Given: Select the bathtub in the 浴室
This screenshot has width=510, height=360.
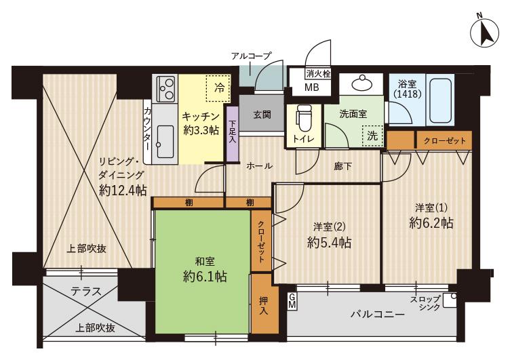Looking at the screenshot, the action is pyautogui.click(x=440, y=100).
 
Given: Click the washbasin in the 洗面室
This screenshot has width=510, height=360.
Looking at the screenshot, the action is pyautogui.click(x=362, y=83).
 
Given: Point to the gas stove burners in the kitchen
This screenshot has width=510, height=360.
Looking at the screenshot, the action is pyautogui.click(x=165, y=88).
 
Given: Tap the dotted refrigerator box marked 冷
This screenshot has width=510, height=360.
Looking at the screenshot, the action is pyautogui.click(x=218, y=88).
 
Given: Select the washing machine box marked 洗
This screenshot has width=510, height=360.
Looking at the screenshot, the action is pyautogui.click(x=372, y=136).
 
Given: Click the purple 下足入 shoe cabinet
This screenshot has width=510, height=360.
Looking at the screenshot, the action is pyautogui.click(x=233, y=134).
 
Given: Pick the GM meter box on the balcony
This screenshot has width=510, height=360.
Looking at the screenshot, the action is pyautogui.click(x=292, y=302).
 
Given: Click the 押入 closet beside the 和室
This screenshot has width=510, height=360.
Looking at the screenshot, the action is pyautogui.click(x=264, y=304).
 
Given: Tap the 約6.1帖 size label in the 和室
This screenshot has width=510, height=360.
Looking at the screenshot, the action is pyautogui.click(x=205, y=277).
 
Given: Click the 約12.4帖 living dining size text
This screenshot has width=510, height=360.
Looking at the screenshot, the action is pyautogui.click(x=123, y=191).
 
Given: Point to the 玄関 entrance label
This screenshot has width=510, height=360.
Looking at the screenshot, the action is pyautogui.click(x=262, y=115).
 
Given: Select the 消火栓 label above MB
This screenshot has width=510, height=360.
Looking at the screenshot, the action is pyautogui.click(x=319, y=74).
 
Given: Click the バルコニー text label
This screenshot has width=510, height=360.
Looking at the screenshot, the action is pyautogui.click(x=378, y=315).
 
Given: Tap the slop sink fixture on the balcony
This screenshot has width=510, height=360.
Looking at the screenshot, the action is pyautogui.click(x=450, y=301).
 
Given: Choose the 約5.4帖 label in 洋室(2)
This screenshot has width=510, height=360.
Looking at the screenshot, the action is pyautogui.click(x=329, y=243).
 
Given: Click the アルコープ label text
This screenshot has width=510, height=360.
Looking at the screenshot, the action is pyautogui.click(x=252, y=56).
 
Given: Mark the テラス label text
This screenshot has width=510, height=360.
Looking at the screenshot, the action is pyautogui.click(x=86, y=292).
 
